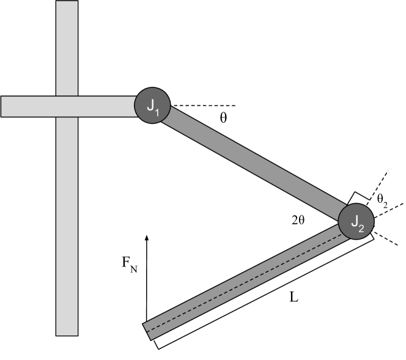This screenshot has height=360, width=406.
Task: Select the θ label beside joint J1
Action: point(223,118)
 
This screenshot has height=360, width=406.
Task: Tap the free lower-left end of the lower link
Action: point(149,329)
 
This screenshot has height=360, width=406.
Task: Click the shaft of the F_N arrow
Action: point(147,281)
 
